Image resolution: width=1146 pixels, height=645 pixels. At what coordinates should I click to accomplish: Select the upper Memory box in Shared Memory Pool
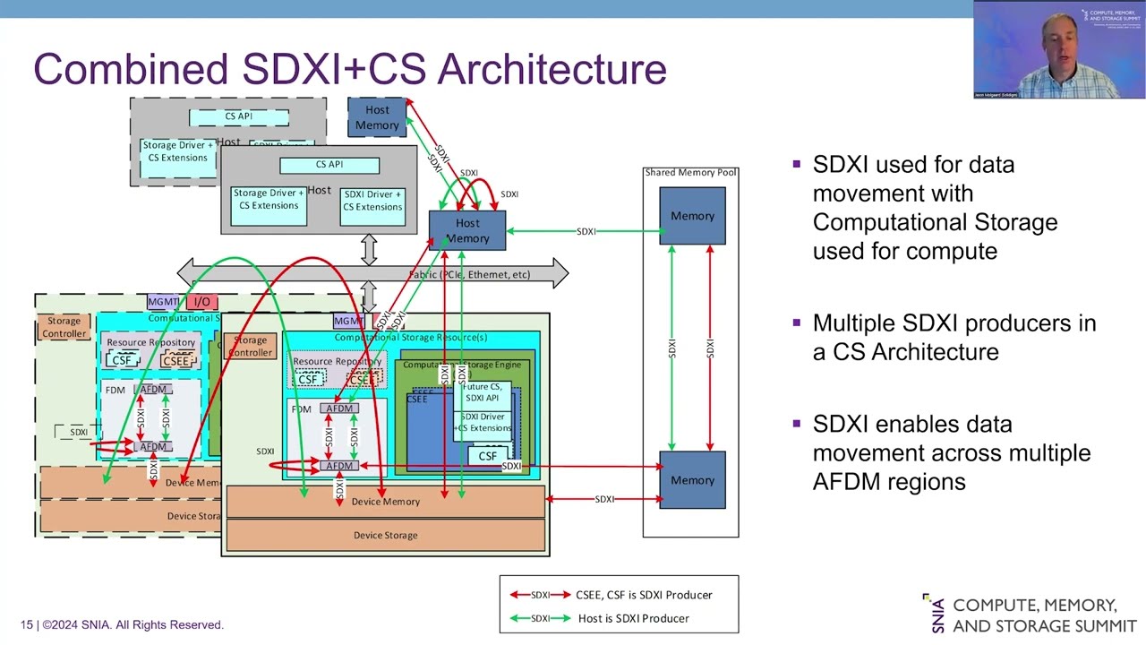(x=692, y=216)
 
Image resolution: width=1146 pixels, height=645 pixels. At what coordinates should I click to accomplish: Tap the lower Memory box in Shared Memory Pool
(x=692, y=480)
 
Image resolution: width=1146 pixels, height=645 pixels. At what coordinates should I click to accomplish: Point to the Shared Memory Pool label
(x=691, y=172)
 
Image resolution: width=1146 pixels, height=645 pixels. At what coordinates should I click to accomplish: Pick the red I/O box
(x=201, y=302)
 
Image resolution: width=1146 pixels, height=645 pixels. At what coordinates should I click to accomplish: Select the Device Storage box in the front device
(x=385, y=535)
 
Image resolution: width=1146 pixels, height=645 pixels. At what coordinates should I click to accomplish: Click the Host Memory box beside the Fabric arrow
(x=467, y=230)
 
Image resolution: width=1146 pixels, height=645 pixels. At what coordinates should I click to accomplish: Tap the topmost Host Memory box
(x=377, y=117)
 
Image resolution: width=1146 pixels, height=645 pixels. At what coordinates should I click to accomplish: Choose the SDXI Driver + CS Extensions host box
(x=372, y=200)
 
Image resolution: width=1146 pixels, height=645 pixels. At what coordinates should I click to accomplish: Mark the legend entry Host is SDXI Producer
(x=633, y=618)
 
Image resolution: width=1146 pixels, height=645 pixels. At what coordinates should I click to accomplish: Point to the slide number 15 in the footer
(x=27, y=624)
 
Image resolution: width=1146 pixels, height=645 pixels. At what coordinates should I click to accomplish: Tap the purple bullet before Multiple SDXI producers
(x=796, y=322)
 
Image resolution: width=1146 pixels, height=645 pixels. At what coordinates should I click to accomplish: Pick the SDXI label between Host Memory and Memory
(x=586, y=231)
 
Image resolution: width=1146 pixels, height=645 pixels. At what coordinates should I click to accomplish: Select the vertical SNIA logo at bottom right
(x=936, y=613)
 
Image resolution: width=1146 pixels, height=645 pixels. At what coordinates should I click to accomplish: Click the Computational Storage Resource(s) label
(x=410, y=338)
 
